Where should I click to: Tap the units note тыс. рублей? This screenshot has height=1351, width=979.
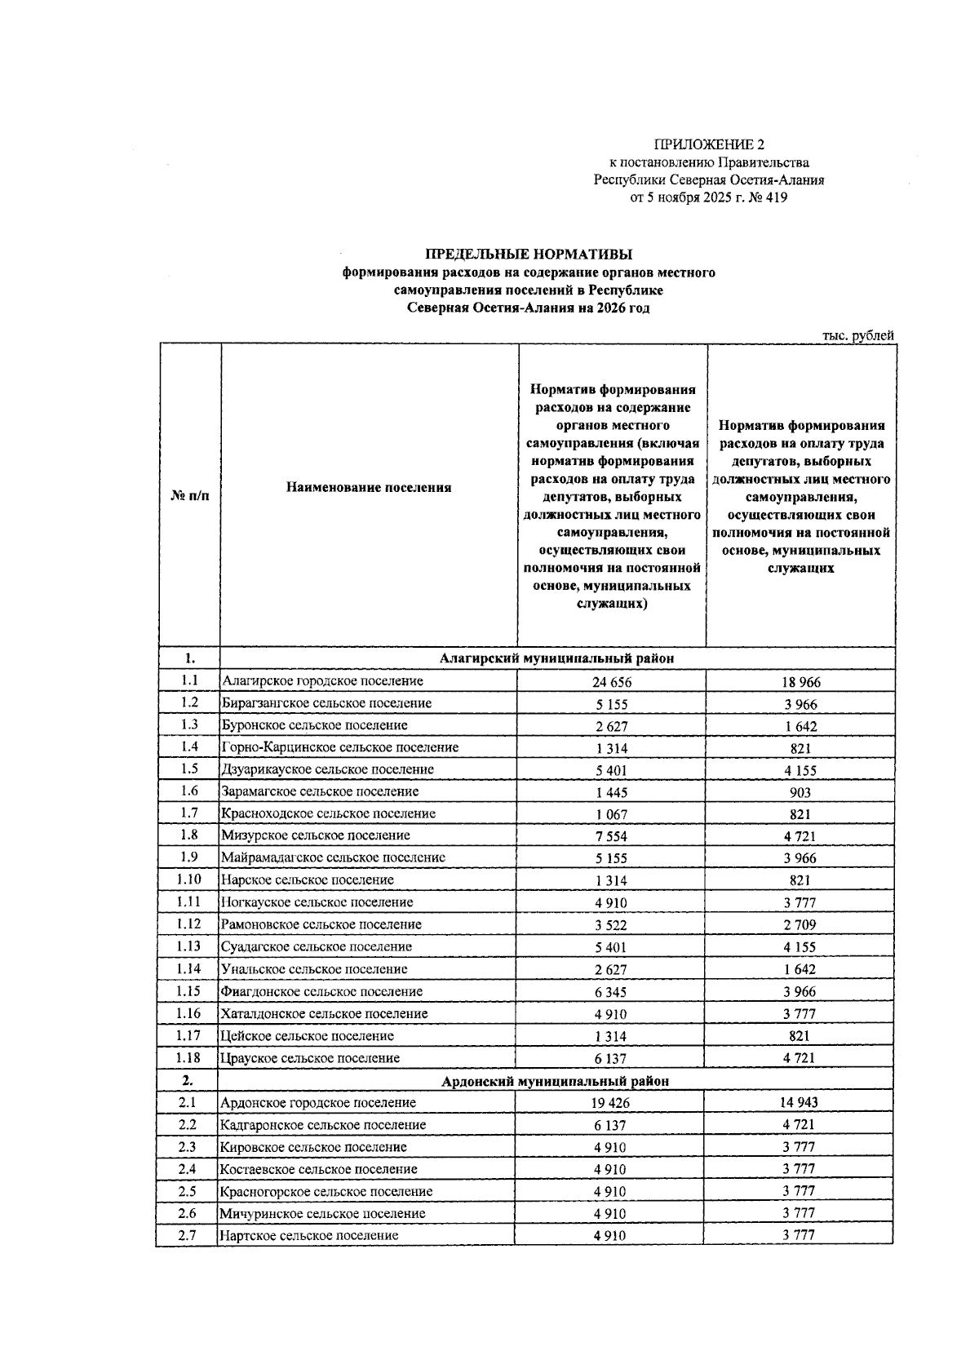857,335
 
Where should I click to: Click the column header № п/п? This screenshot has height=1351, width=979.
189,495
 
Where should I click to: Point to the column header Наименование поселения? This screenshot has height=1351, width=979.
369,488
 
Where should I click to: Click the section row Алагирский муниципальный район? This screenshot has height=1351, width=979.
556,658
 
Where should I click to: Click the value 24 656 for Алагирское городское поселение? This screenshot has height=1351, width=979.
612,682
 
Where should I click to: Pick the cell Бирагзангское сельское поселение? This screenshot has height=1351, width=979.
326,703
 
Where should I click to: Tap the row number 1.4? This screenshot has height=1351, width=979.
189,746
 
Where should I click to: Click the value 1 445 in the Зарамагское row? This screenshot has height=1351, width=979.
611,792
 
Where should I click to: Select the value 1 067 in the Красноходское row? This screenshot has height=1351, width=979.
611,814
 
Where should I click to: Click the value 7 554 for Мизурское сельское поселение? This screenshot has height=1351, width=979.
611,836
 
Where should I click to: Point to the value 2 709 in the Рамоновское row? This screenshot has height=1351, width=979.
800,925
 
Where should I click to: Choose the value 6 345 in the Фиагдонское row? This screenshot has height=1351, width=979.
611,992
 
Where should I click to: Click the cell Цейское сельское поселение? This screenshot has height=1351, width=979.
308,1036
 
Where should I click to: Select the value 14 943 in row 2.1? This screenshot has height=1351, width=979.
800,1103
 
